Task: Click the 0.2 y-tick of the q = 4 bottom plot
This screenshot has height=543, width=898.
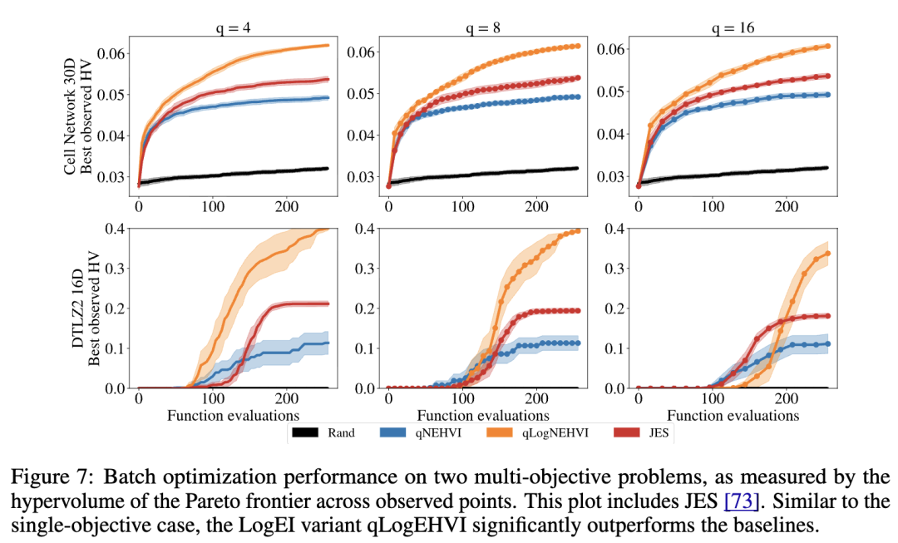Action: coord(116,308)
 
